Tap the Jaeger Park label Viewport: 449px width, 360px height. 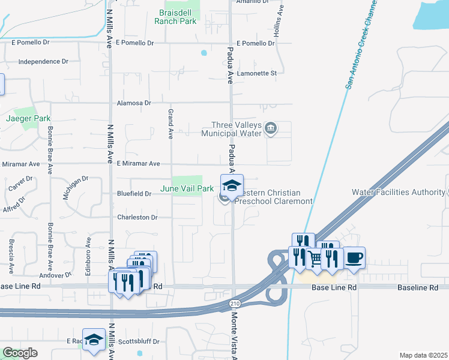(28, 119)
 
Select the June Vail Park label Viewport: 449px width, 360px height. (187, 188)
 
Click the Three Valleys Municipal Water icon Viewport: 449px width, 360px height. (271, 128)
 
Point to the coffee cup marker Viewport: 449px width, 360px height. (354, 258)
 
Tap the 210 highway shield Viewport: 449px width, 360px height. (234, 304)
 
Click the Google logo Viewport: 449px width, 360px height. (20, 353)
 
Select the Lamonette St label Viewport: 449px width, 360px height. (256, 73)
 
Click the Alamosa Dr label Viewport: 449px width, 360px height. (134, 103)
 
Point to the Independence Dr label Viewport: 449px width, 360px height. (43, 61)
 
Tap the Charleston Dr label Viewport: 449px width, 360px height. (137, 217)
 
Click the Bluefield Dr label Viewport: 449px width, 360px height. (134, 194)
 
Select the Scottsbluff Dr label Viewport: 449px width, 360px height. (139, 341)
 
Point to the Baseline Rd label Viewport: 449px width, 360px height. (418, 288)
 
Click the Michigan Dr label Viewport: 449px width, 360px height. (75, 188)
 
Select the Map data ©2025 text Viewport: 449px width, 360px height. (424, 355)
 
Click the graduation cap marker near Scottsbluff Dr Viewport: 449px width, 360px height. (94, 340)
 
